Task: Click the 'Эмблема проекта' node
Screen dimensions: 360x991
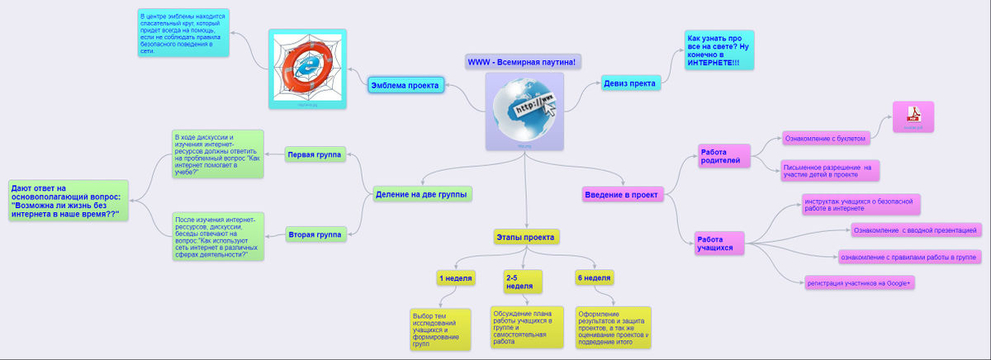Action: pos(405,85)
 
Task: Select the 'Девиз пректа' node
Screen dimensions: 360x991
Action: pos(630,83)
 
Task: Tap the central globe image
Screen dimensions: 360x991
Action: pos(524,111)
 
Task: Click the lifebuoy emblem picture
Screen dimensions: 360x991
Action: pos(305,69)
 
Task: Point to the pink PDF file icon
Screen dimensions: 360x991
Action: pos(913,116)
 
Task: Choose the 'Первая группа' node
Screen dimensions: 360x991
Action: pos(315,154)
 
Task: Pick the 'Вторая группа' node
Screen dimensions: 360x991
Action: pos(315,234)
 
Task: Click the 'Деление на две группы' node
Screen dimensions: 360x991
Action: pos(421,194)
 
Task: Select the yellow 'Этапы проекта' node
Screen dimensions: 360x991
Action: pos(527,236)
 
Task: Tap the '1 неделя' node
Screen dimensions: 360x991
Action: pos(456,278)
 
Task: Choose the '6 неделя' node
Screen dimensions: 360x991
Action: pos(595,278)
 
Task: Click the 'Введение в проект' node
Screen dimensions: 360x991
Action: pos(621,195)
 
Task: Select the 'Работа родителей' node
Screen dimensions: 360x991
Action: pos(724,156)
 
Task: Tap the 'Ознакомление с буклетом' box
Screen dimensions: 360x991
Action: pos(825,139)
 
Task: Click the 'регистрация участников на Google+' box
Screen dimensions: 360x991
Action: pos(860,283)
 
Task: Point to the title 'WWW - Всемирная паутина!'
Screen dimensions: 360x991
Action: pos(522,62)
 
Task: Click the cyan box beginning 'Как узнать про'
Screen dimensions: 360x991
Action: pos(718,50)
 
